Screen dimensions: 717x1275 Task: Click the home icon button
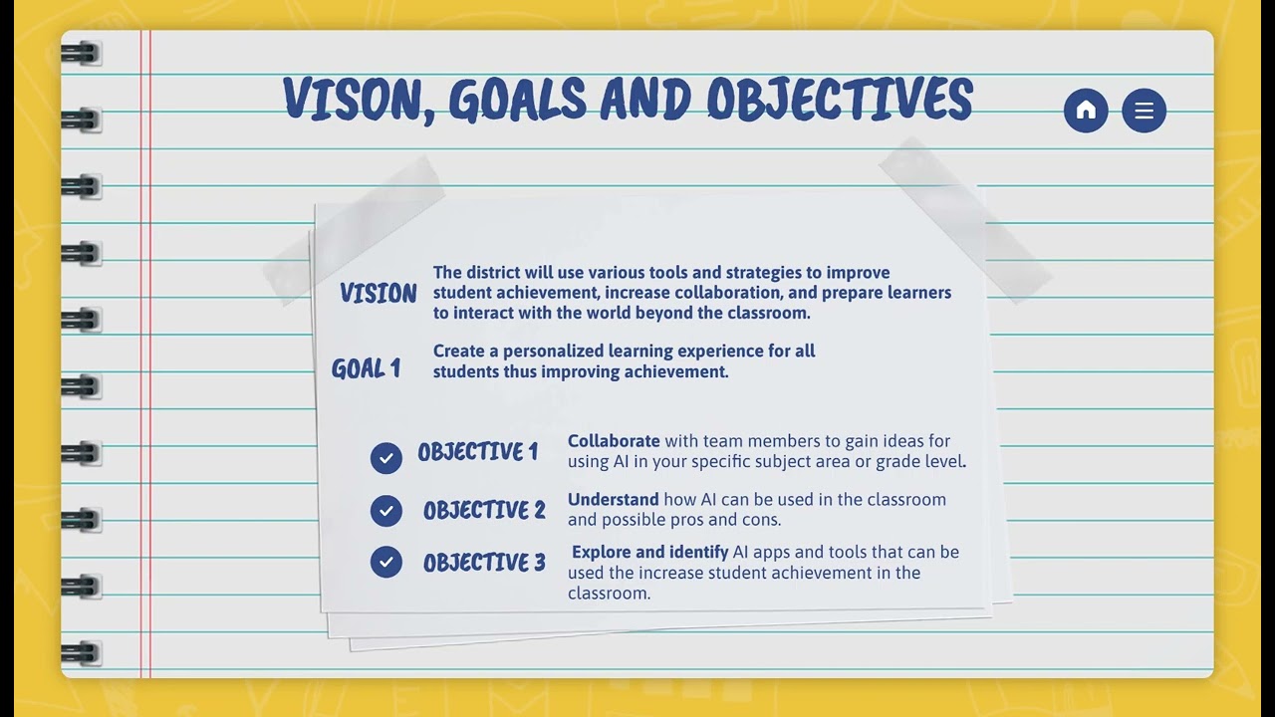pos(1086,111)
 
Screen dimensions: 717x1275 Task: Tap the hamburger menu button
pos(1144,111)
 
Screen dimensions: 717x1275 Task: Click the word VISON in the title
pos(352,100)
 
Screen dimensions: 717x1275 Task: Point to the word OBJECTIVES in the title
pos(839,100)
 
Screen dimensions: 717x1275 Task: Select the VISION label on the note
pos(378,294)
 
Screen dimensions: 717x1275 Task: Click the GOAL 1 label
pos(366,369)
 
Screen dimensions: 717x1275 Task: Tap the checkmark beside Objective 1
pos(385,458)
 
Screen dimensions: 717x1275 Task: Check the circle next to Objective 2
pos(385,511)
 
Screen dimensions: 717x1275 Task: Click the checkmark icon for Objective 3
pos(385,562)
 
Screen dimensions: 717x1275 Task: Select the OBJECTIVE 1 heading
pos(477,453)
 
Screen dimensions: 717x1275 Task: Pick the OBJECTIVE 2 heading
pos(484,511)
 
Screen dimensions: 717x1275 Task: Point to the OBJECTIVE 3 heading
pos(484,563)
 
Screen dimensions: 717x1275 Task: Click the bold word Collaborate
pos(614,441)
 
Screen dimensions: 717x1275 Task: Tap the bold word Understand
pos(613,500)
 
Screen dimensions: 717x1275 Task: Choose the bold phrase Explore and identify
pos(649,552)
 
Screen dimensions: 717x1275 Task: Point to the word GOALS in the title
pos(517,100)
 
